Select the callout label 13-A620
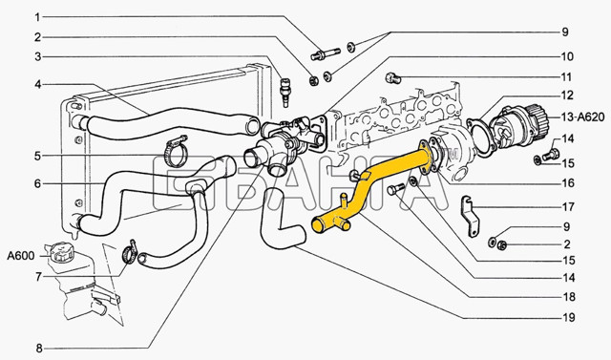583,116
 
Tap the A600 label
21,256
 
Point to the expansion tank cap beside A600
59,252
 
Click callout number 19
569,318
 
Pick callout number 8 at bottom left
39,348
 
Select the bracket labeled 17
471,216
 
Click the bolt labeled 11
392,78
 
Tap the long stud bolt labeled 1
326,54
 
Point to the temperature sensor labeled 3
285,93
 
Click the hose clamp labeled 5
175,153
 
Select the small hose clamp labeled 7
130,252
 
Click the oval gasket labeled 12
481,138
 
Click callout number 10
567,57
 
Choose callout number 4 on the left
38,84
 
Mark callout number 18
569,297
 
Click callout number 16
569,182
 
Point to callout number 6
37,183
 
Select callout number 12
567,95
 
